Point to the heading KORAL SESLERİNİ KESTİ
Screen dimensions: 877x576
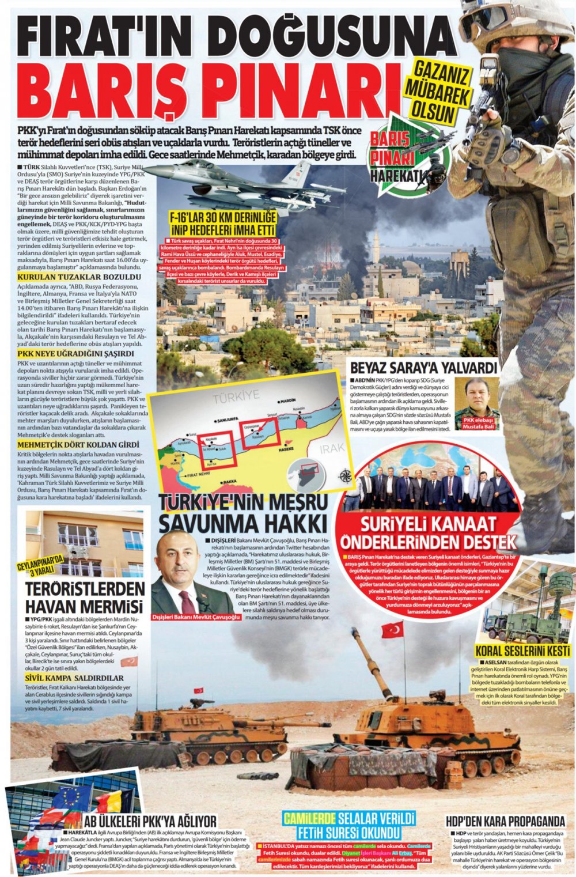pos(522,651)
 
